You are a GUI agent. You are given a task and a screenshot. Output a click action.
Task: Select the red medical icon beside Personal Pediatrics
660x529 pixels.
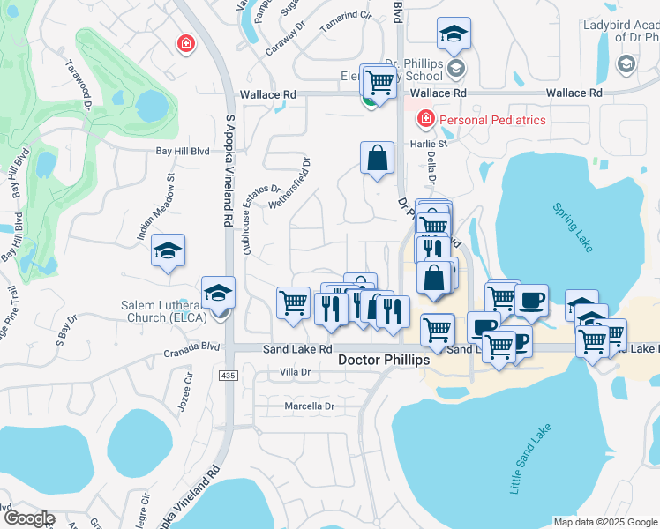click(x=424, y=118)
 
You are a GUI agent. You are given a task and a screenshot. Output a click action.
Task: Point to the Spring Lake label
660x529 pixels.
click(x=574, y=227)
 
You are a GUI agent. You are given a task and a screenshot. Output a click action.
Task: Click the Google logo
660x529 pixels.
click(x=28, y=518)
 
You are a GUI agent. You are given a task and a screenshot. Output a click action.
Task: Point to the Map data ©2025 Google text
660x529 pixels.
click(x=604, y=522)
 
